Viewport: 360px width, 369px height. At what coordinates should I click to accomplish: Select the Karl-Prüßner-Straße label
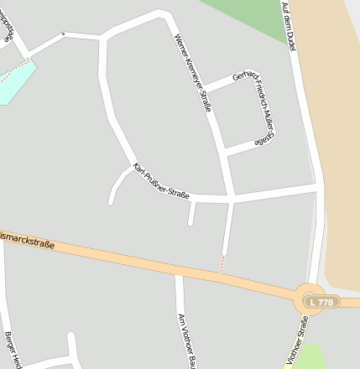point(161,182)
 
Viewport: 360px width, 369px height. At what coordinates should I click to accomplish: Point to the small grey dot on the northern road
point(63,34)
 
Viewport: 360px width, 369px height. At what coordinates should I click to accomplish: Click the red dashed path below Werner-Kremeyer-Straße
point(223,262)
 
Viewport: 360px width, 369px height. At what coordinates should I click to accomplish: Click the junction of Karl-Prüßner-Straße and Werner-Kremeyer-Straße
point(231,199)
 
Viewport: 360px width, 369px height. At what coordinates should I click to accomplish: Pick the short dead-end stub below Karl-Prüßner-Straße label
point(191,214)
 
